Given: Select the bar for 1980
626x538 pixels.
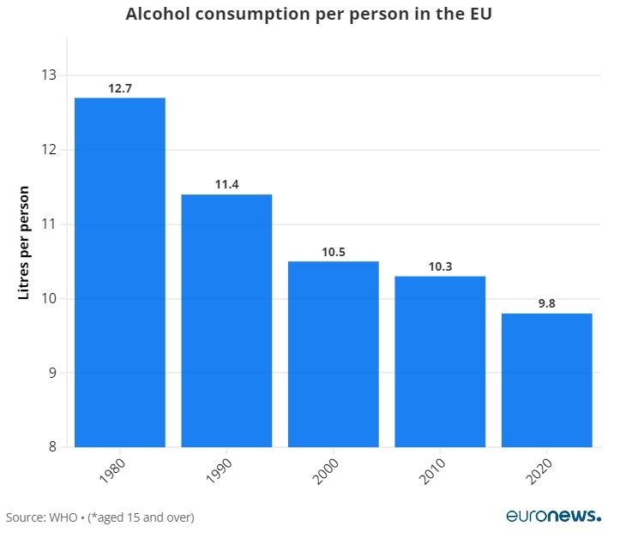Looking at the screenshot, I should tap(120, 272).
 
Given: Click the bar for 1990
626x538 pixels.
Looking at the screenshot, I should tap(226, 320).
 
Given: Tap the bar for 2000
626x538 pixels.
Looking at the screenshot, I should tap(333, 354).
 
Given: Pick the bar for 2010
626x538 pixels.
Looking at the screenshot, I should tap(440, 362).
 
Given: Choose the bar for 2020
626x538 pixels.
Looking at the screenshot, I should tap(546, 380).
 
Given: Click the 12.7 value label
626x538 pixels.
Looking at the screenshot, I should tap(120, 88).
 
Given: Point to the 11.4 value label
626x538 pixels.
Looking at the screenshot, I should tap(226, 184).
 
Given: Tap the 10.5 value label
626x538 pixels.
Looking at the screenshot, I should tap(333, 251).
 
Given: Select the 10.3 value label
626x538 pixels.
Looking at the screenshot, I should tap(440, 266).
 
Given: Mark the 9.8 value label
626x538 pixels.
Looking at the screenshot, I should tap(546, 303).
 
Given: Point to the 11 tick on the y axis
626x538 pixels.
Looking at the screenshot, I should tap(48, 224).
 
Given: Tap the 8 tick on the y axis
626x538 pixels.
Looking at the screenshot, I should tap(51, 447).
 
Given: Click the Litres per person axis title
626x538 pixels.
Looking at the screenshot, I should tap(24, 242).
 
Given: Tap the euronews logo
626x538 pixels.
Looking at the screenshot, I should tap(553, 516).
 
